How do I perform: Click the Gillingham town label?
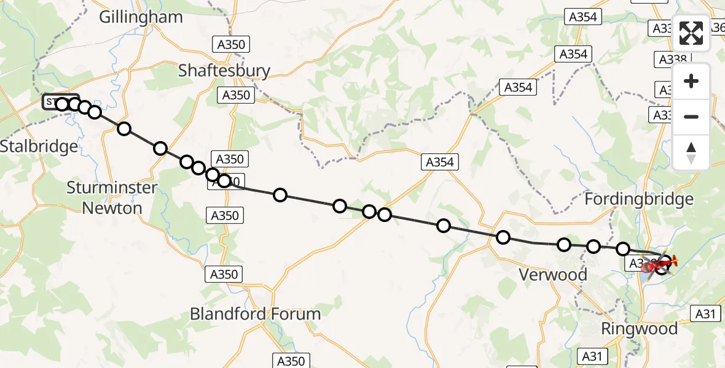(141, 17)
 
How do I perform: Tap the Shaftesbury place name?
(224, 71)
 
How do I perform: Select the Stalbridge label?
(39, 147)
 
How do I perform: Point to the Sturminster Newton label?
(112, 197)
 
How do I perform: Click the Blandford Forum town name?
(255, 314)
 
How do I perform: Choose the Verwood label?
(553, 275)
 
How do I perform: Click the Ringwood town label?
(639, 329)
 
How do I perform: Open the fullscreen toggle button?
(691, 33)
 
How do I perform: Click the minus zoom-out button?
(691, 117)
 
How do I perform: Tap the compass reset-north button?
(691, 152)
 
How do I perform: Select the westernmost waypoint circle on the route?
(62, 104)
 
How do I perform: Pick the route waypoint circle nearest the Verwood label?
(563, 245)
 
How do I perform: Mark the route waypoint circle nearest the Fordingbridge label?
(623, 248)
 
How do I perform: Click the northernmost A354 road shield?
(582, 17)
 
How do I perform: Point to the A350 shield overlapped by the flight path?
(226, 182)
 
